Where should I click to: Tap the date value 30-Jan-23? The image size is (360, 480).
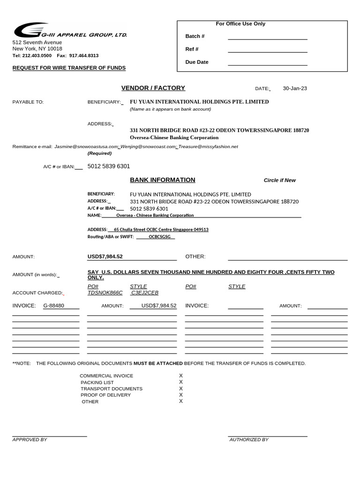pyautogui.click(x=295, y=88)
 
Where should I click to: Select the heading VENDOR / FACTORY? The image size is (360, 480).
pyautogui.click(x=153, y=88)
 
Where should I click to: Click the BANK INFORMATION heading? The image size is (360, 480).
pyautogui.click(x=162, y=180)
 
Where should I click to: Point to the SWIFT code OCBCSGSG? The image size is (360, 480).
pyautogui.click(x=159, y=237)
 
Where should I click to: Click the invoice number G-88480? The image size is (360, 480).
pyautogui.click(x=53, y=306)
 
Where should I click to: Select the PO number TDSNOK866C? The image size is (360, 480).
pyautogui.click(x=105, y=292)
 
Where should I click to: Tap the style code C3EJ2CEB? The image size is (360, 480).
pyautogui.click(x=145, y=292)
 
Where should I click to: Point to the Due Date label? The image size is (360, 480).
pyautogui.click(x=197, y=62)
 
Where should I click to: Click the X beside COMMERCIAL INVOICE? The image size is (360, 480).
pyautogui.click(x=181, y=375)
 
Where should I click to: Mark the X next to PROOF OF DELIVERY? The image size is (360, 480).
pyautogui.click(x=181, y=395)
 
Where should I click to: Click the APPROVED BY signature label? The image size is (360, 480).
pyautogui.click(x=30, y=440)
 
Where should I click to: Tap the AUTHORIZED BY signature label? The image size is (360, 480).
pyautogui.click(x=248, y=440)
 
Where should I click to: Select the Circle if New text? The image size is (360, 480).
pyautogui.click(x=279, y=180)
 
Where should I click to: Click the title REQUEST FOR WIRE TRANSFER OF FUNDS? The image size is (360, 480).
pyautogui.click(x=69, y=68)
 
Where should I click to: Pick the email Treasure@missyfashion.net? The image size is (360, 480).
pyautogui.click(x=208, y=147)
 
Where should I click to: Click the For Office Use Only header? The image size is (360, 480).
pyautogui.click(x=240, y=24)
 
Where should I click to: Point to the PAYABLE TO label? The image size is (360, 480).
pyautogui.click(x=28, y=102)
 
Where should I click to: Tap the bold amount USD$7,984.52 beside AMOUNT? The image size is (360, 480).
pyautogui.click(x=105, y=256)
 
